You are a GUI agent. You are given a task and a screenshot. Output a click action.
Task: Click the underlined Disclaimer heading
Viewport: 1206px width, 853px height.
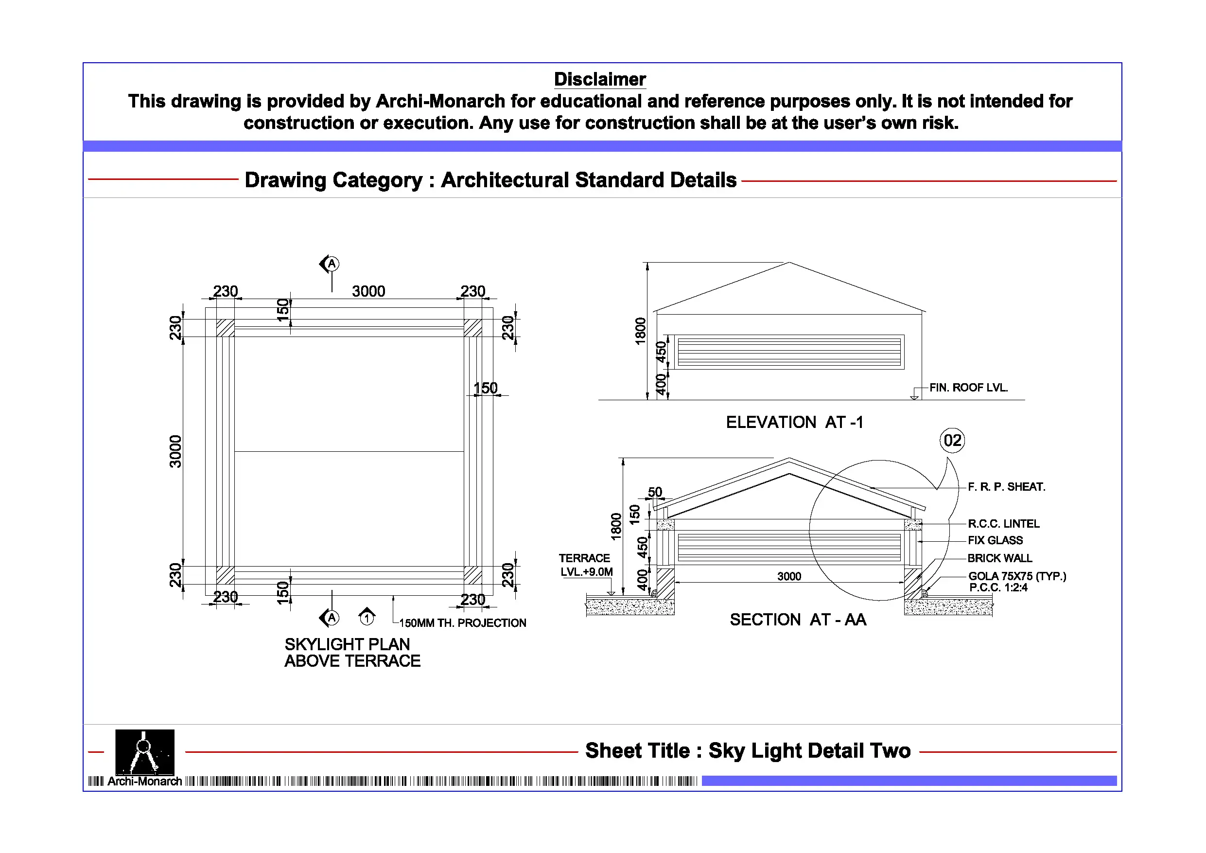click(600, 79)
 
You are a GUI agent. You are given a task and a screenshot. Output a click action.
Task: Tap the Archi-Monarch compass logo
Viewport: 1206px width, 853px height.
click(144, 751)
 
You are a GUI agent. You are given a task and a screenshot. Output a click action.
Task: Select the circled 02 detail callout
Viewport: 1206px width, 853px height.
click(952, 440)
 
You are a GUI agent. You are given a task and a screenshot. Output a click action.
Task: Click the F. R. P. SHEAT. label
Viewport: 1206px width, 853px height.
click(1006, 487)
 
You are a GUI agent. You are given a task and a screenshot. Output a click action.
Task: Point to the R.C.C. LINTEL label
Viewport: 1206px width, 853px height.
click(1003, 523)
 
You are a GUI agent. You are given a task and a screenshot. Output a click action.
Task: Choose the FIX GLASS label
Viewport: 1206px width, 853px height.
click(996, 540)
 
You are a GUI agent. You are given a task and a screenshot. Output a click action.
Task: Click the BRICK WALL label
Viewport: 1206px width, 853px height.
click(999, 558)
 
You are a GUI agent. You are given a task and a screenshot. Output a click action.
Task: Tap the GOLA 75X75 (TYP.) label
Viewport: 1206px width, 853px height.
click(1017, 576)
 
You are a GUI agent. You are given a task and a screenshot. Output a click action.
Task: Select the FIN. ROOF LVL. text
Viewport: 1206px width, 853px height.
click(969, 387)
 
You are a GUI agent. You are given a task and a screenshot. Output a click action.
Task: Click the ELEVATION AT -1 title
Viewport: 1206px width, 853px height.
click(794, 422)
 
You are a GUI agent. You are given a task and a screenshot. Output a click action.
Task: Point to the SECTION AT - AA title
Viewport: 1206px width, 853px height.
click(798, 620)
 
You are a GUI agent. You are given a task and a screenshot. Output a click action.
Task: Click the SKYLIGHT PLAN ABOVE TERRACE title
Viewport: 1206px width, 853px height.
click(352, 652)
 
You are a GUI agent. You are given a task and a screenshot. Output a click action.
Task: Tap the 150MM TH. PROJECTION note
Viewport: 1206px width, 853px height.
click(462, 623)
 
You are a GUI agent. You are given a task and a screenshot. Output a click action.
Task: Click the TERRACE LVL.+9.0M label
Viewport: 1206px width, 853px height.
click(585, 565)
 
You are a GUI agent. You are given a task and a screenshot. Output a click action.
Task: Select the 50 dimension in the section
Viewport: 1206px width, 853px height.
click(655, 492)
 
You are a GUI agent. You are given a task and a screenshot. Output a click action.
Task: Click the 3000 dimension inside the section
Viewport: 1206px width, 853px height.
click(789, 577)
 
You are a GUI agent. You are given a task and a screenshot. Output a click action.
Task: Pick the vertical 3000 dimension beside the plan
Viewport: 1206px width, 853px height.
click(175, 451)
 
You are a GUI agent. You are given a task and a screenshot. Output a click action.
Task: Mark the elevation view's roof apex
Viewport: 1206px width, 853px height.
click(789, 262)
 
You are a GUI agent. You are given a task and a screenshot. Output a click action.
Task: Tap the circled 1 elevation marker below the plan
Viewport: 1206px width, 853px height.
click(367, 617)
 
